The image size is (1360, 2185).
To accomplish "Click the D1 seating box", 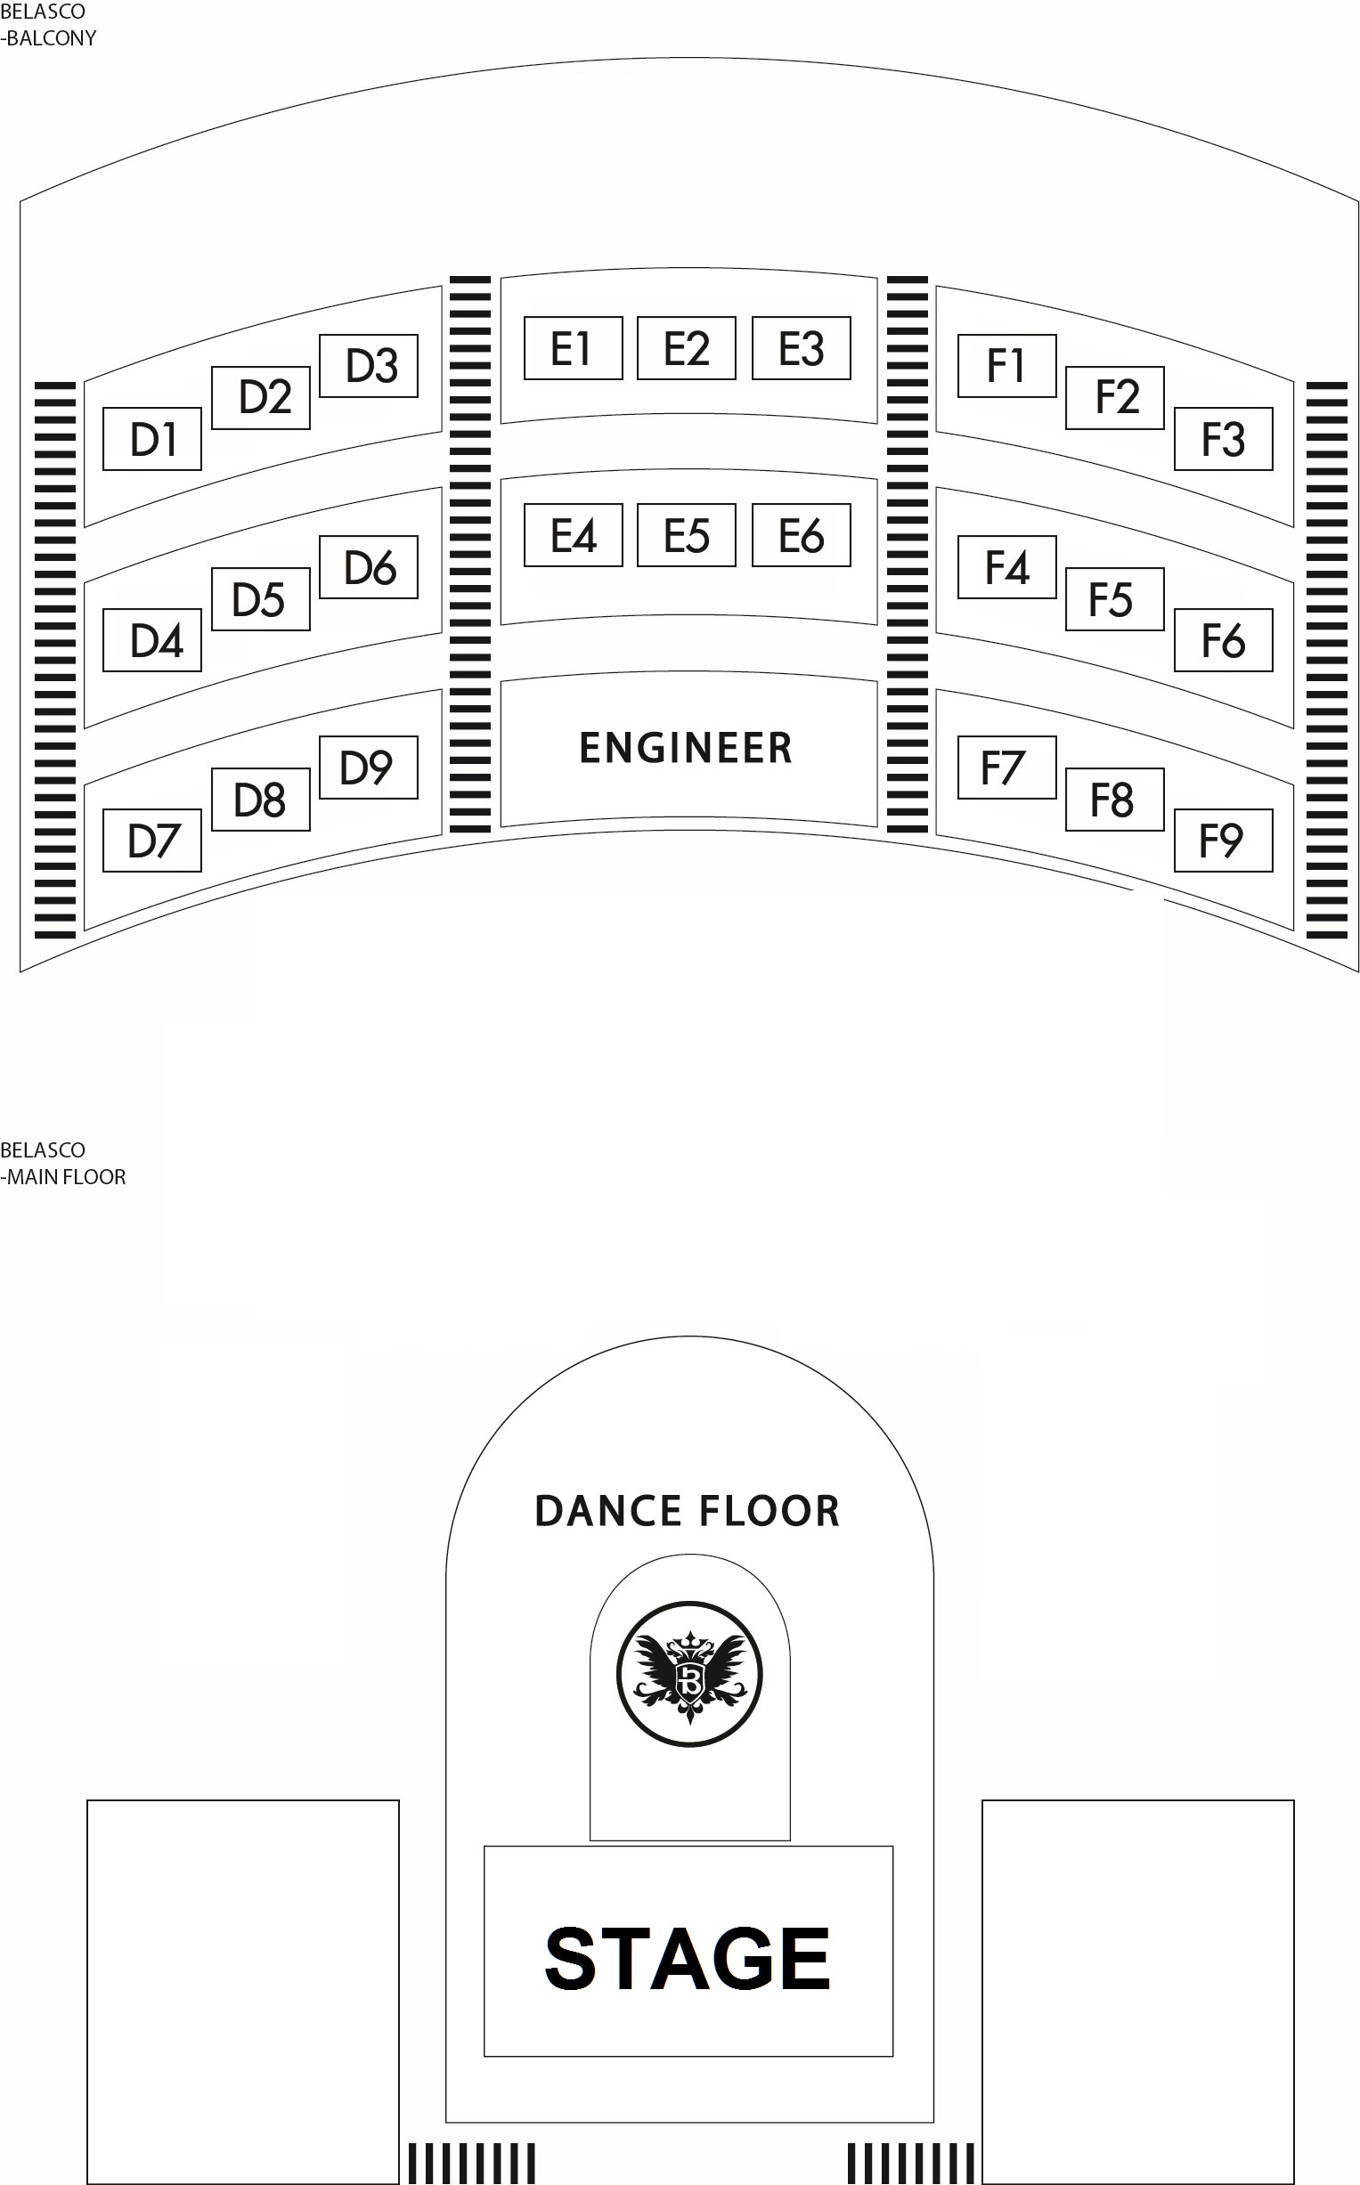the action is point(152,439).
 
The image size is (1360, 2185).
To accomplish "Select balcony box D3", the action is point(369,366).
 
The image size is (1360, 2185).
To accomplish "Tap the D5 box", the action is point(261,599).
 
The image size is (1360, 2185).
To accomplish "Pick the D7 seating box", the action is point(152,841).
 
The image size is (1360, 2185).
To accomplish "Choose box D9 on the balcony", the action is point(369,767).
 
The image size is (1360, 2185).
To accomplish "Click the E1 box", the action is point(573,348).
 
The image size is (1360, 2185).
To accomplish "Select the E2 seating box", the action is point(687,348).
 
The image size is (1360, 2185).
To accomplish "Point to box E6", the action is point(802,535).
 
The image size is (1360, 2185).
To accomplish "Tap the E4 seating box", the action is point(573,535).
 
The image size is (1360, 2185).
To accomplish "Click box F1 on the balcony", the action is point(1006,366).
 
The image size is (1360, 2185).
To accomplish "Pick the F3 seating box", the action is point(1223,439).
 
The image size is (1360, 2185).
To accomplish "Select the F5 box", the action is point(1114,599).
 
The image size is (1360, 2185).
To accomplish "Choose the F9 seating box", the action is point(1223,841).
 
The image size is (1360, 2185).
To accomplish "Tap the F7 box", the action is point(1006,767).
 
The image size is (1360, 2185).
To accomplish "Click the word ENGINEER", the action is point(687,748).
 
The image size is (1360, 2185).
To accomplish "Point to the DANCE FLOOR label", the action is point(688,1511).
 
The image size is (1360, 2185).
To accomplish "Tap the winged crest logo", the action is point(690,1673).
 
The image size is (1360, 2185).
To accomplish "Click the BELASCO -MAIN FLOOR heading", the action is point(63,1164).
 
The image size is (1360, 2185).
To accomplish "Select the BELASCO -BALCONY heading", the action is point(48,25).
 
